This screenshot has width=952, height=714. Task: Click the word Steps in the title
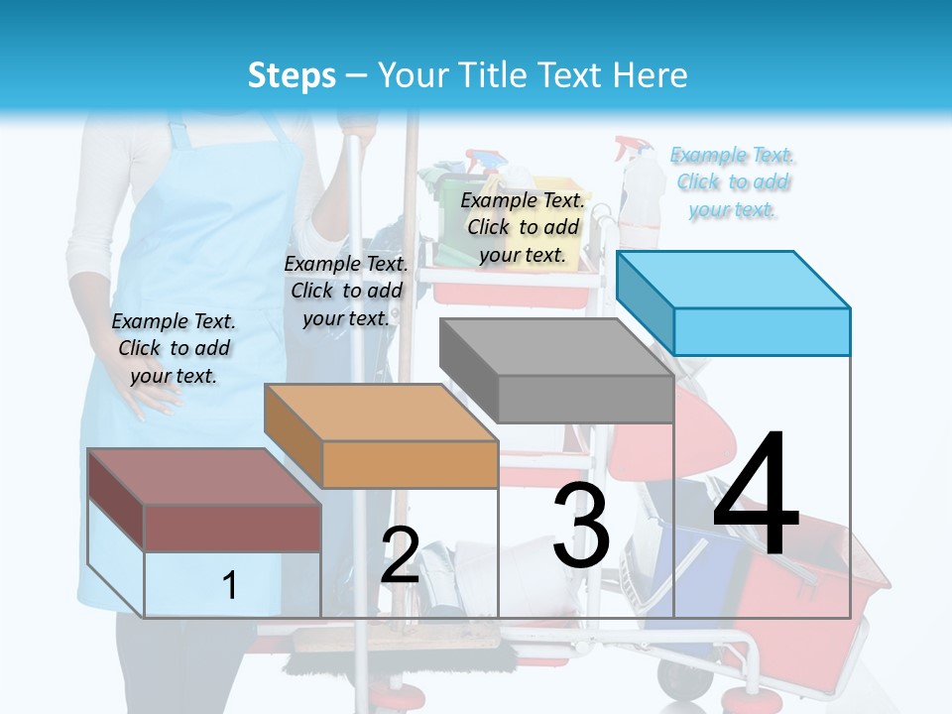(x=292, y=75)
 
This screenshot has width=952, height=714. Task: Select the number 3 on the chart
(x=581, y=526)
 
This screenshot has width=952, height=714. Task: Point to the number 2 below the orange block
(x=400, y=555)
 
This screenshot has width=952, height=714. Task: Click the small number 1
(x=229, y=585)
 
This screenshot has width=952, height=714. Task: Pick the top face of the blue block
(x=734, y=279)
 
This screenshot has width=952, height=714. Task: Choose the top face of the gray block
(x=556, y=347)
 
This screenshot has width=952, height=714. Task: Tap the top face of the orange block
(x=380, y=412)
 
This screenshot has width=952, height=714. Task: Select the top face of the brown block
(x=204, y=476)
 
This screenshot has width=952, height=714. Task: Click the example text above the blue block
(x=733, y=181)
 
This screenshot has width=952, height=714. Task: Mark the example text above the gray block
(x=523, y=227)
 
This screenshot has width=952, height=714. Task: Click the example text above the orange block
(x=346, y=291)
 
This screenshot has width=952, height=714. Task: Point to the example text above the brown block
(x=174, y=348)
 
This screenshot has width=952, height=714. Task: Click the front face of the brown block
(x=232, y=528)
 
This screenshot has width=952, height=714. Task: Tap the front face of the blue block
(x=762, y=331)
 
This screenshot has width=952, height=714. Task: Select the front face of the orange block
(x=410, y=464)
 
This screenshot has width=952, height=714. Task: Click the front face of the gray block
(x=585, y=399)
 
